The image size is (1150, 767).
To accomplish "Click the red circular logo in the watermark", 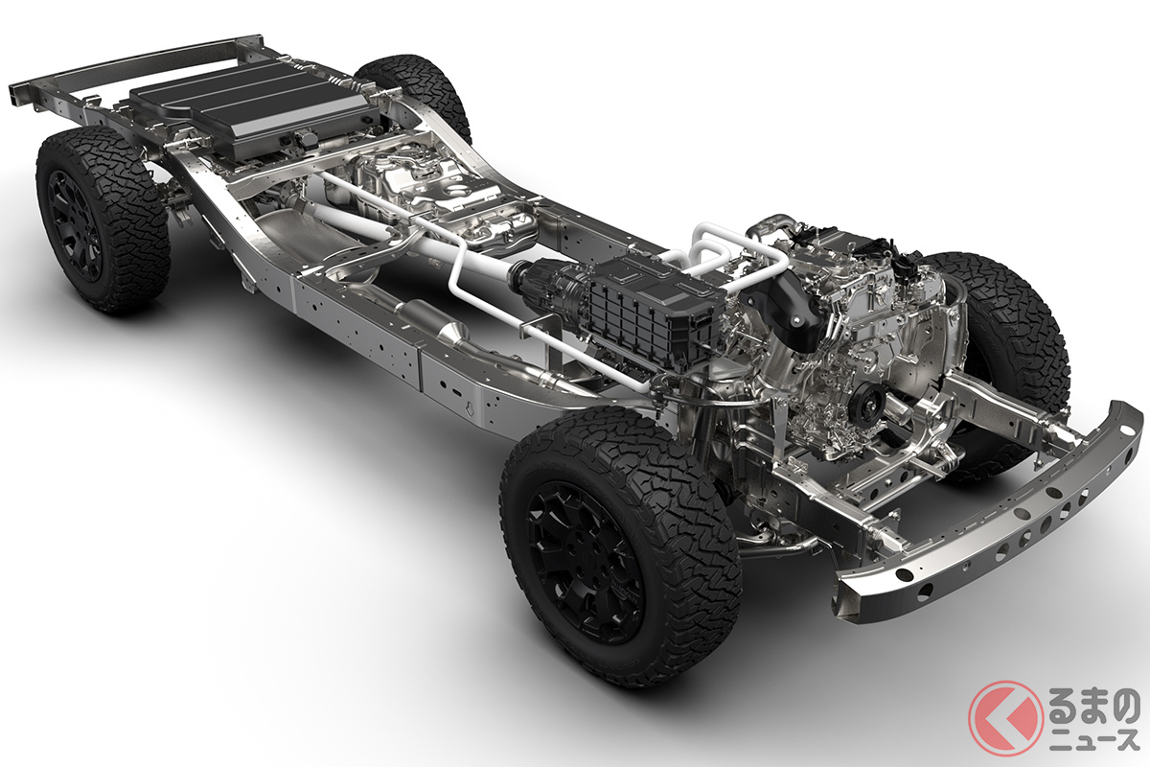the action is [x=1005, y=718].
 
